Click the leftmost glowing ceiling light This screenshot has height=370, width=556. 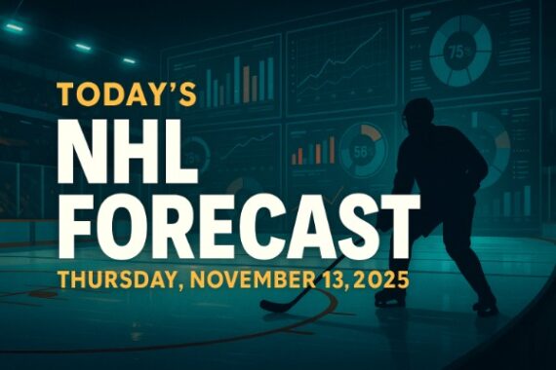click(x=14, y=27)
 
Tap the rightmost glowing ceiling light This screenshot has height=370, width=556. click(x=129, y=60)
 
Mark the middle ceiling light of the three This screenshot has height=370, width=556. click(x=83, y=46)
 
